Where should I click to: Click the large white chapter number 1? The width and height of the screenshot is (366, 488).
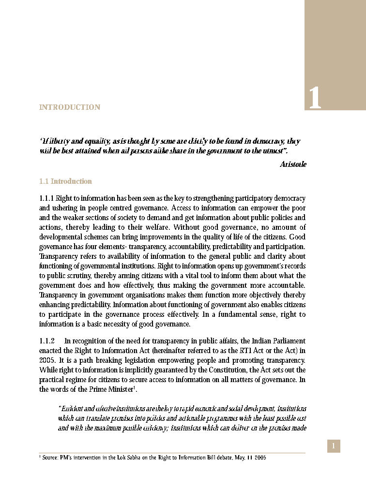[315, 98]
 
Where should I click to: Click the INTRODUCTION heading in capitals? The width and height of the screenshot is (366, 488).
[70, 107]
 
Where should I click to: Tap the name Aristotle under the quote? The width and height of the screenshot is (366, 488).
[293, 164]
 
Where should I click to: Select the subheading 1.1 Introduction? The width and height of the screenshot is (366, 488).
[65, 181]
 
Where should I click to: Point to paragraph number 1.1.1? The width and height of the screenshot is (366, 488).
[46, 198]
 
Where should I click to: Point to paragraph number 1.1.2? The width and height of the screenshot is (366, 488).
[47, 341]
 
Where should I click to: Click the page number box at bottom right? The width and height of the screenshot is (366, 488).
[334, 446]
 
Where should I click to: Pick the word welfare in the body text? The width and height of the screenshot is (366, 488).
[156, 227]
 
